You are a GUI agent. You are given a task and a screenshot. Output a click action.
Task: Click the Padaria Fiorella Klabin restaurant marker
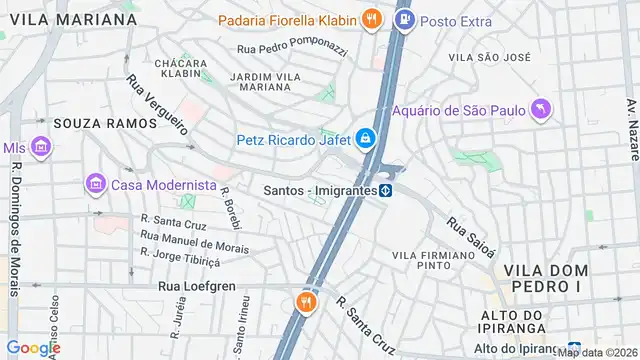371,18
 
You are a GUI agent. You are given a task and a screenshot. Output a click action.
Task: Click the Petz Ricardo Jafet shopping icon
367,139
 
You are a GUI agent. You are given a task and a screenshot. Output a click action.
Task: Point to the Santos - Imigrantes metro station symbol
385,189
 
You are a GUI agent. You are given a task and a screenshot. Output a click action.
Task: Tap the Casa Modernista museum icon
96,184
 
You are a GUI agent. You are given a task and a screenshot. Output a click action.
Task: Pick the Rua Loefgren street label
196,286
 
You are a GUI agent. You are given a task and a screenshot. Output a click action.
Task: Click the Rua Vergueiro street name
157,105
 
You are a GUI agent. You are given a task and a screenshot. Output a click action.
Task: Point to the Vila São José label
487,58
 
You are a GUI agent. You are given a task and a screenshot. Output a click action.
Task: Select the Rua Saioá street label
470,238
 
